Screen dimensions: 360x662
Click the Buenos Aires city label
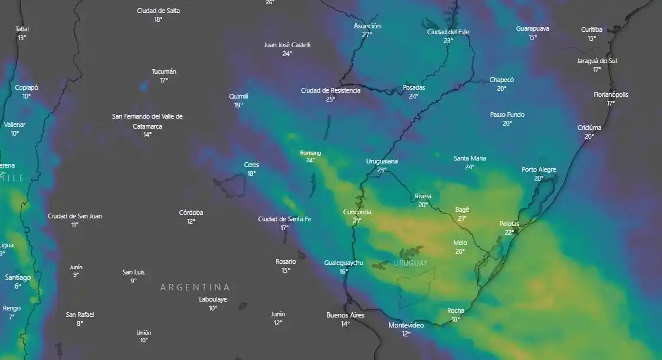(345, 315)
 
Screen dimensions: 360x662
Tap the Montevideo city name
(406, 325)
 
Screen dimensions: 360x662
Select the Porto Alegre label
(539, 169)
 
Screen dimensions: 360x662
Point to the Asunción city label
(367, 26)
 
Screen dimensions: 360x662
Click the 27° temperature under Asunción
(367, 35)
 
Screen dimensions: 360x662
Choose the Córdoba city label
(191, 212)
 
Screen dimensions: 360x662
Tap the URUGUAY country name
(411, 263)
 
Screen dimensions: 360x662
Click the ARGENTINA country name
(195, 287)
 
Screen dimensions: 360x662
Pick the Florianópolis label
(611, 94)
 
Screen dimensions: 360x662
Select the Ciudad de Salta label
(158, 11)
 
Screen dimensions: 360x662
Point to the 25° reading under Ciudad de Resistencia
(330, 99)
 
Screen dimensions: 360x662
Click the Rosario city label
(286, 261)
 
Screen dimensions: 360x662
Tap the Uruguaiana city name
(382, 161)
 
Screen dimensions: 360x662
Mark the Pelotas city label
(509, 224)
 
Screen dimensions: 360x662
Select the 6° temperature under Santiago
(18, 286)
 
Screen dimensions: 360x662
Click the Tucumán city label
(164, 71)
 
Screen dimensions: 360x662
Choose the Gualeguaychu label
(343, 263)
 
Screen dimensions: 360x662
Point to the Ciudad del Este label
(448, 32)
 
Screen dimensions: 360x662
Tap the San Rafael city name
(80, 315)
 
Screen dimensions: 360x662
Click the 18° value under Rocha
(455, 319)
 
